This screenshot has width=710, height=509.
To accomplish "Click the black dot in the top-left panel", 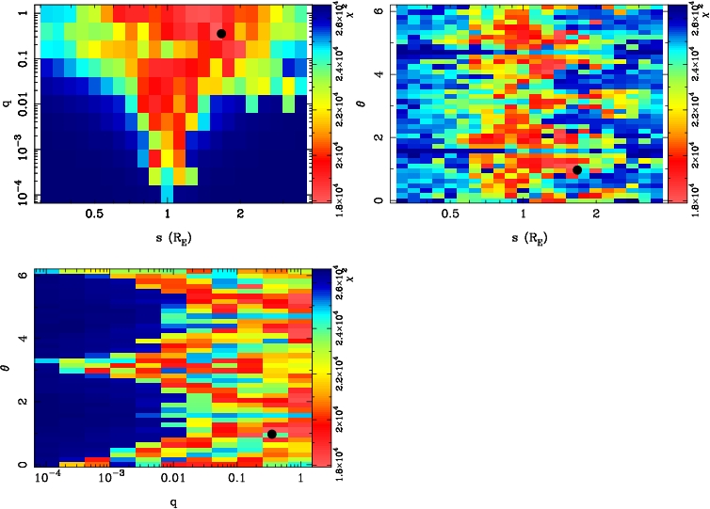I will tap(221, 33).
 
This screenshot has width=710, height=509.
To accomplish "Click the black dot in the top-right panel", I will tap(576, 170).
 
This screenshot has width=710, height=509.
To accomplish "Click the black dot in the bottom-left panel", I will tap(271, 434).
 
